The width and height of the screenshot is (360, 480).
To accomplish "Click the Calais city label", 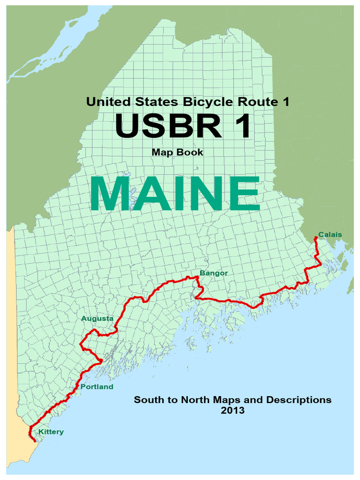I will pos(330,234).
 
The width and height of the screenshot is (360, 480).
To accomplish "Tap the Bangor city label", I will pos(213,272).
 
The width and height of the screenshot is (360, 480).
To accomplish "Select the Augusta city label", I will pos(97,319).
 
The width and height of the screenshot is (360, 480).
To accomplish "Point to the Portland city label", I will pos(97,387).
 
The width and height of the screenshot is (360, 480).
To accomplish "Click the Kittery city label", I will pos(51,432).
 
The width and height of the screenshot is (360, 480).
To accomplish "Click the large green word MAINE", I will pos(175,194).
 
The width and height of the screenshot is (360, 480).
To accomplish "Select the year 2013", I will pos(232,411).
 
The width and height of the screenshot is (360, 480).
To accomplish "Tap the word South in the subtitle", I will pos(147,400).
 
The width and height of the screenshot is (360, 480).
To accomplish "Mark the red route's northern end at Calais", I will pos(316,238).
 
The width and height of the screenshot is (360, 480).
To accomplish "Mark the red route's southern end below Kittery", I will pos(35,441).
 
